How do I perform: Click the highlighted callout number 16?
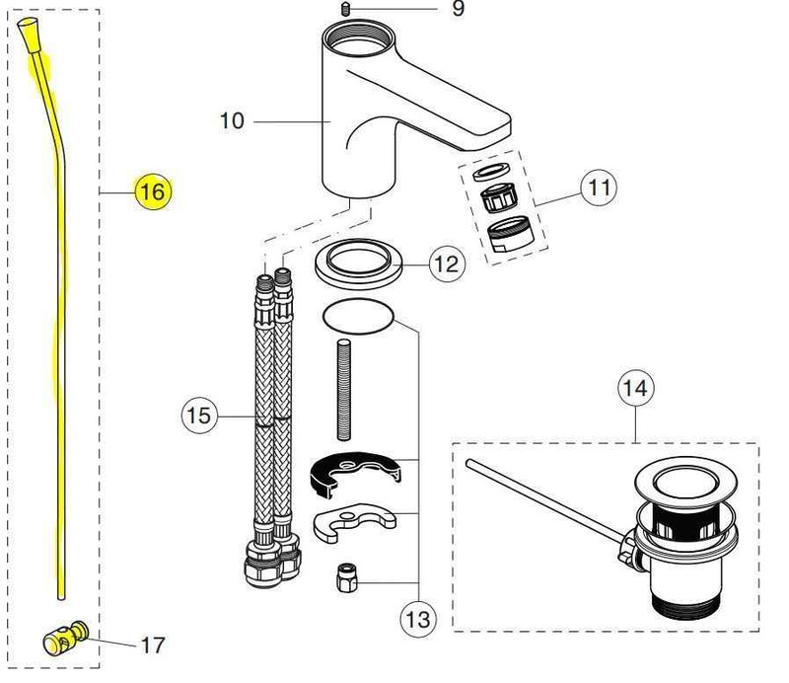pyautogui.click(x=153, y=190)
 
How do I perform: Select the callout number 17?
pyautogui.click(x=152, y=645)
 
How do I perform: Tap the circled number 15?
pyautogui.click(x=199, y=416)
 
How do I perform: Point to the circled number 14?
pyautogui.click(x=635, y=389)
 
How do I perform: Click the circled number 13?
pyautogui.click(x=417, y=620)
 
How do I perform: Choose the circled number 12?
pyautogui.click(x=446, y=265)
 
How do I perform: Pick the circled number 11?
pyautogui.click(x=598, y=187)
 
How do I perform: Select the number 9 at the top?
pyautogui.click(x=457, y=9)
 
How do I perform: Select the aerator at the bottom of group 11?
pyautogui.click(x=508, y=238)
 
